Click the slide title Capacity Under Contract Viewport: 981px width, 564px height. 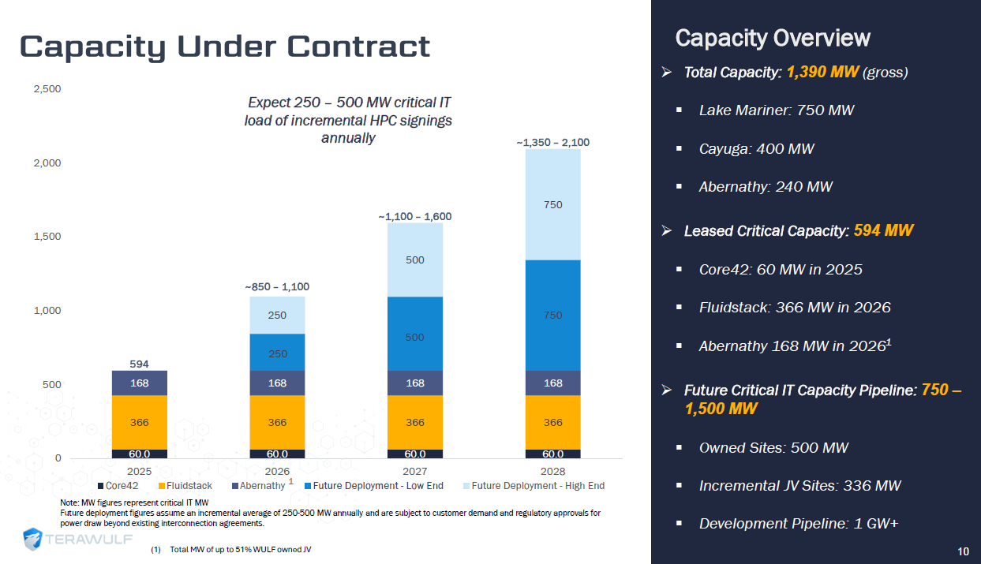[225, 47]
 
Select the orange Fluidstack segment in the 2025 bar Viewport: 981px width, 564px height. [139, 422]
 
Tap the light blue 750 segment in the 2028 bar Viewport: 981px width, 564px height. [552, 204]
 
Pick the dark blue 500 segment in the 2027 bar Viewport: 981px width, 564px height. [414, 337]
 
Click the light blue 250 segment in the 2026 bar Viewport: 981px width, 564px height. [277, 315]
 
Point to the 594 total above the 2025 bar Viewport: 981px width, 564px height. [139, 364]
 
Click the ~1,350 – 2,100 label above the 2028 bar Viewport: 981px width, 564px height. [552, 143]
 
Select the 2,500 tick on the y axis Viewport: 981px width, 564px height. [48, 88]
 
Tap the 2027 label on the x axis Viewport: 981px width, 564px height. [414, 470]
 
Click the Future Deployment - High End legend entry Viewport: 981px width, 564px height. [537, 486]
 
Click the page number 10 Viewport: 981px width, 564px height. [963, 551]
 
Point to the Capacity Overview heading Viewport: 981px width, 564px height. [773, 38]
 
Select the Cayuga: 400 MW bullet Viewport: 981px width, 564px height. [756, 148]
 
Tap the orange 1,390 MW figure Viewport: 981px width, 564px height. [822, 73]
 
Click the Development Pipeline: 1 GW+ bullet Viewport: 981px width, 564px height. [799, 524]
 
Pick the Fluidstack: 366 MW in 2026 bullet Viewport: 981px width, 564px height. [794, 308]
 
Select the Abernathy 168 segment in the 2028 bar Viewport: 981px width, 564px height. [552, 383]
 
